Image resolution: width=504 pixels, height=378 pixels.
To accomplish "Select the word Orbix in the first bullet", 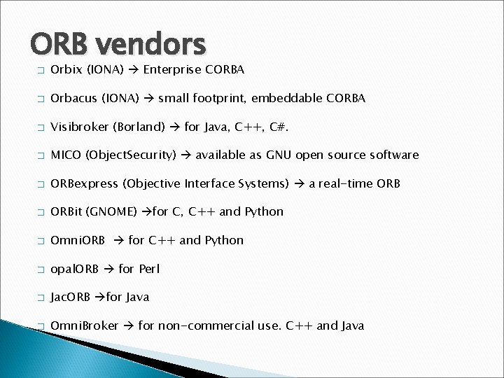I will [x=66, y=70].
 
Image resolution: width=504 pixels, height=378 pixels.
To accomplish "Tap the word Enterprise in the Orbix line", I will [x=171, y=70].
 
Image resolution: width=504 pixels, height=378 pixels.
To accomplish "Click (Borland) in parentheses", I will [x=137, y=127].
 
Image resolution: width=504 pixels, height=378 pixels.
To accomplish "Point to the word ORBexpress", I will [x=83, y=183].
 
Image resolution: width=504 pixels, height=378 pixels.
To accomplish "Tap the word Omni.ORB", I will [x=78, y=240].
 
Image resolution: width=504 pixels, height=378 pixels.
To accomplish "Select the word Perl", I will [x=149, y=269].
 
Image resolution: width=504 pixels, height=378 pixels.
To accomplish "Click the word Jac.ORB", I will [x=71, y=297].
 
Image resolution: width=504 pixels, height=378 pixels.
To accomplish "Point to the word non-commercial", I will [x=202, y=325].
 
